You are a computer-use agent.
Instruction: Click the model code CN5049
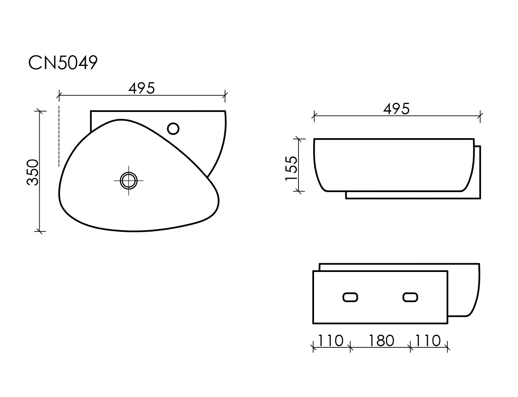click(x=63, y=63)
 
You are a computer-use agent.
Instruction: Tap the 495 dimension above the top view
click(x=142, y=88)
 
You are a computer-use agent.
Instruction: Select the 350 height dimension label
click(x=33, y=172)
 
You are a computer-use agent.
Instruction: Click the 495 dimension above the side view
click(x=396, y=109)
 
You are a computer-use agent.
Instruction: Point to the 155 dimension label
click(x=291, y=168)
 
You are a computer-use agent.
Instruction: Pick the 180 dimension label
click(x=381, y=341)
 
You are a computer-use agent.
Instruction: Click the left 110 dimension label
click(x=331, y=341)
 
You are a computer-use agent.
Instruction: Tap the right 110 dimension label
click(x=428, y=341)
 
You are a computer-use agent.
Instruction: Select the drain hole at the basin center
click(x=129, y=181)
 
